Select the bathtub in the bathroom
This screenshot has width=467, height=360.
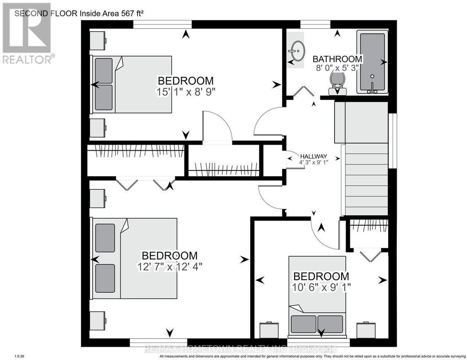(x=372, y=62)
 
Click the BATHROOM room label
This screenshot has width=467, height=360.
(x=337, y=59)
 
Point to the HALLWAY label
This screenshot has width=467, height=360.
(x=314, y=156)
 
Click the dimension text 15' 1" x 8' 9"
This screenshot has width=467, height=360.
(x=186, y=93)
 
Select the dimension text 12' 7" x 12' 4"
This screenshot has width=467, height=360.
(x=170, y=267)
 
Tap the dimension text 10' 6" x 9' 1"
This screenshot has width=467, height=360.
(x=321, y=287)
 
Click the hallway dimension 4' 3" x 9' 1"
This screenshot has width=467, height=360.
(x=313, y=162)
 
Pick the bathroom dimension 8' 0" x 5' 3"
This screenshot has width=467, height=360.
(x=337, y=68)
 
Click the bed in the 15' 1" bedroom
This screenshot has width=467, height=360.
(x=131, y=84)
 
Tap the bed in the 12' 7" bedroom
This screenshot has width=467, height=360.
(x=133, y=258)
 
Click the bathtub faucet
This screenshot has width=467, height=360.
(x=372, y=88)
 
